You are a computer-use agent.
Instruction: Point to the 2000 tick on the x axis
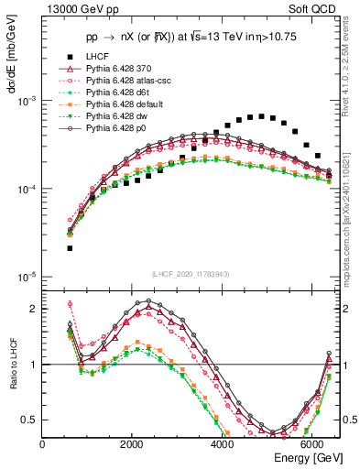[132, 444]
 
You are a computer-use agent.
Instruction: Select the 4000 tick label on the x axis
[222, 444]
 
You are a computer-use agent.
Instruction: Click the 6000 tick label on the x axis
[311, 444]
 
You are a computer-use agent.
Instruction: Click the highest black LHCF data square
[261, 116]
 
